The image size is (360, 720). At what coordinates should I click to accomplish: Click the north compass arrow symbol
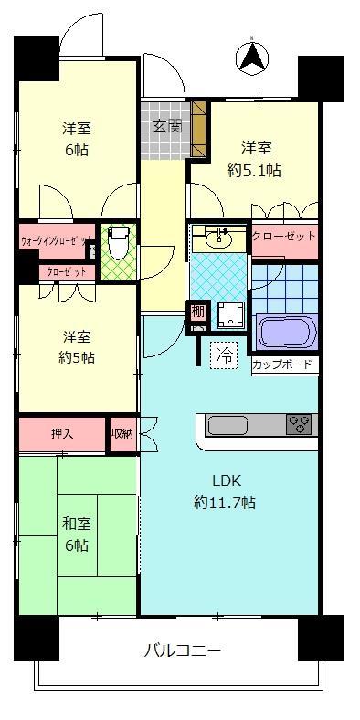coord(251,58)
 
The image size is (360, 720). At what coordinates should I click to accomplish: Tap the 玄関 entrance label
coord(166,125)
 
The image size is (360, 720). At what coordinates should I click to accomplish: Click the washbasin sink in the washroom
coord(218,239)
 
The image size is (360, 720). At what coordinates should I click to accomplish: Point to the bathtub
coord(286,331)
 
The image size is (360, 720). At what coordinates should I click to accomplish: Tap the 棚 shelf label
coord(197,312)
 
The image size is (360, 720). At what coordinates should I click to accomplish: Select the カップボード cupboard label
coord(284,365)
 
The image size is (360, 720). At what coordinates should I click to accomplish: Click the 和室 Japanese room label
coord(77,524)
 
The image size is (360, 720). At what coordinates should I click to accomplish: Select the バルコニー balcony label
coord(182,651)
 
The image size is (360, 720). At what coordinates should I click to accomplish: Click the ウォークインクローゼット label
coord(52,242)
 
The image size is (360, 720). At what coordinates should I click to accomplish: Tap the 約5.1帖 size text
coord(254,171)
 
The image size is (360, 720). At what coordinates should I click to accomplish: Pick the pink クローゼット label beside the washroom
coord(284,237)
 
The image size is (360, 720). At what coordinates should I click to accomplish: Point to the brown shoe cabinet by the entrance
coord(198,129)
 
